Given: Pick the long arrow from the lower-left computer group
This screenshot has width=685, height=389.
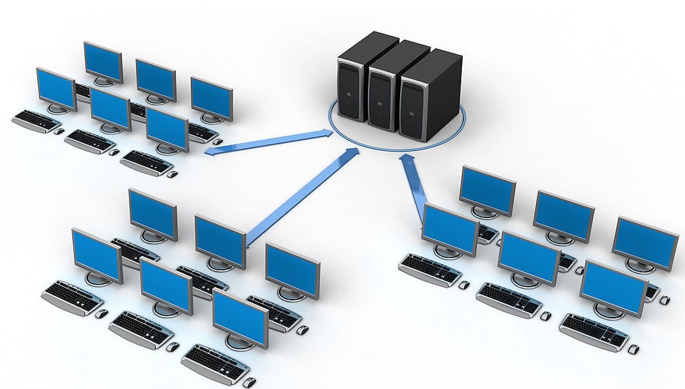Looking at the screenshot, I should pos(302,196).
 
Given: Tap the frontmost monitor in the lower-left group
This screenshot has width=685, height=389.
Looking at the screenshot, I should pos(240,317).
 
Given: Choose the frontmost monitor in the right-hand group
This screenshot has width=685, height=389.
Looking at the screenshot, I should pos(613,288).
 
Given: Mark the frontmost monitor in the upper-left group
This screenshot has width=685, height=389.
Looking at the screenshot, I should pos(167,128).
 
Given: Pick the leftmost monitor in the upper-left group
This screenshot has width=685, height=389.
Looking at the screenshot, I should pos(56,89).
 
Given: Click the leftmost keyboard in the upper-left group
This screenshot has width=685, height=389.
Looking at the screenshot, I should pos(36,119).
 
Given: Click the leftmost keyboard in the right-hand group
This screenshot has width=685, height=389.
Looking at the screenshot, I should pos(429,268).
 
